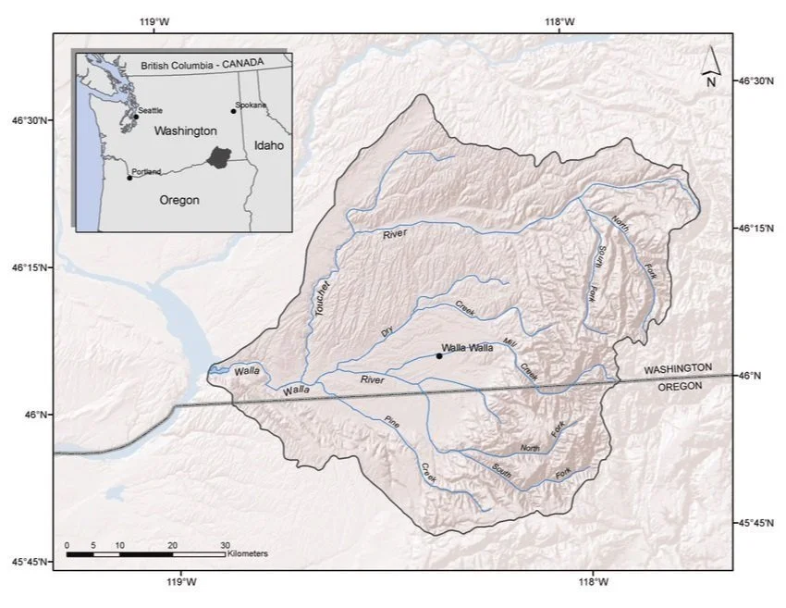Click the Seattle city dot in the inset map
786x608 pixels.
pos(135,117)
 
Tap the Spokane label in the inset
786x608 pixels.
pos(252,105)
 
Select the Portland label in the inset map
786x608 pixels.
pos(147,171)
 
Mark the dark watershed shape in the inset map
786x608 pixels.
pos(219,156)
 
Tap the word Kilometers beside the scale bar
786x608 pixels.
pos(246,553)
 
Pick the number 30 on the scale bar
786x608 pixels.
pos(225,544)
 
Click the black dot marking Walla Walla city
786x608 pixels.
pos(438,355)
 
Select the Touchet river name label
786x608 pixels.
pos(322,299)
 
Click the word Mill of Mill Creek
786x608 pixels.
pos(511,344)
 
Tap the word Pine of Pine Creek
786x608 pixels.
pos(393,427)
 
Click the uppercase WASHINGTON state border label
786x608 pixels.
pos(678,368)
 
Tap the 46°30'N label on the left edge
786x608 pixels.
pos(29,120)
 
